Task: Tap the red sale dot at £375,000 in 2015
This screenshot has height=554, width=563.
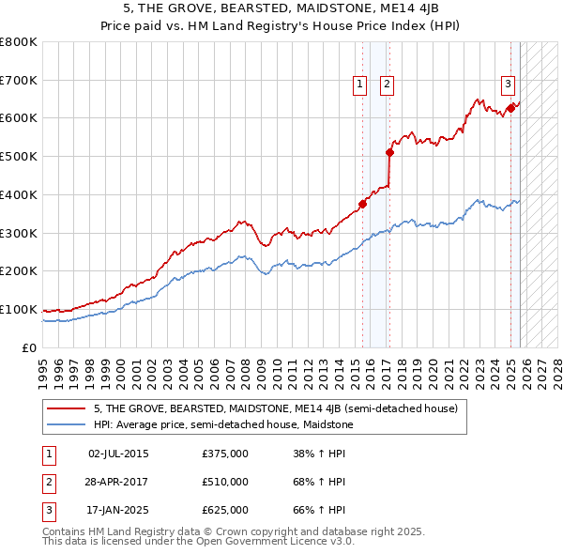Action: pos(362,204)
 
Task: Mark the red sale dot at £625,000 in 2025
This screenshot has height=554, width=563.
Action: pos(511,108)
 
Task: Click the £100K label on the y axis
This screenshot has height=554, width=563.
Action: pos(19,309)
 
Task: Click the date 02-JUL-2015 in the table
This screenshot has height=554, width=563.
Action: pos(118,454)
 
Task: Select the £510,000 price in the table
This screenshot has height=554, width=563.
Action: pos(225,482)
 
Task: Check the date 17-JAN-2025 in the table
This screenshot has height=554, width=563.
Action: pos(118,510)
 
